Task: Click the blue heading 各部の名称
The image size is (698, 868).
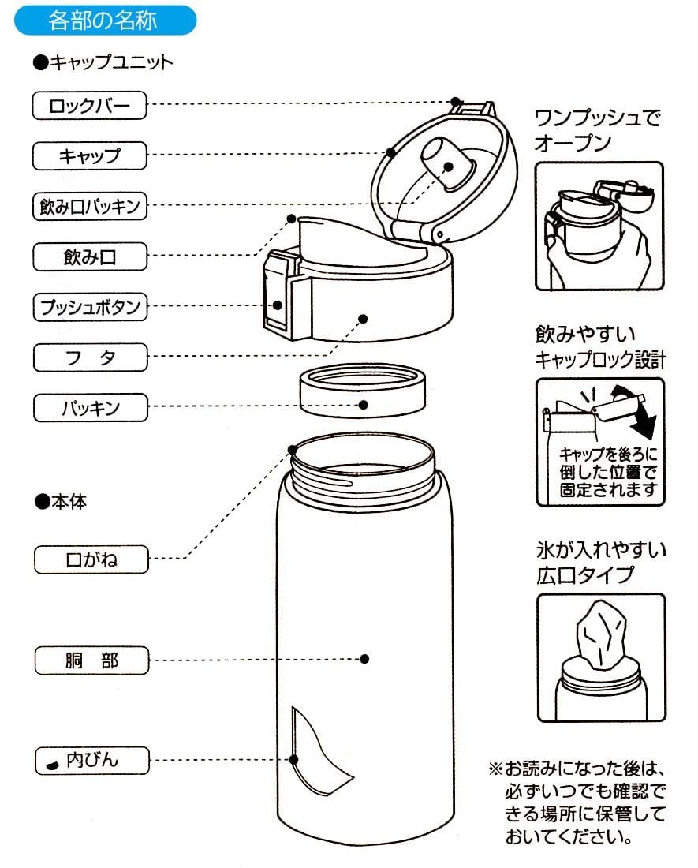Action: pos(103,20)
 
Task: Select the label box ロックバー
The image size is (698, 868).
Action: pos(89,105)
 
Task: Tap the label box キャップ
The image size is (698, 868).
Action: pos(89,155)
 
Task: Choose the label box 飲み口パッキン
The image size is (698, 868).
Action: pos(89,206)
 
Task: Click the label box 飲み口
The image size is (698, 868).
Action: pos(89,256)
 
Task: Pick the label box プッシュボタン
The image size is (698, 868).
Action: pos(89,306)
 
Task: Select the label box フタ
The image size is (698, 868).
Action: pos(89,357)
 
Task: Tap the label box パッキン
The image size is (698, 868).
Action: pos(89,408)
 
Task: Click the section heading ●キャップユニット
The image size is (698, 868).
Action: pos(103,63)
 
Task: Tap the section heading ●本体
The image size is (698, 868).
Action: pos(60,502)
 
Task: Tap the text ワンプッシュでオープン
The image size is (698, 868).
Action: pos(596,131)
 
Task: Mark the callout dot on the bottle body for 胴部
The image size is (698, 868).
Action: pos(364,659)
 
